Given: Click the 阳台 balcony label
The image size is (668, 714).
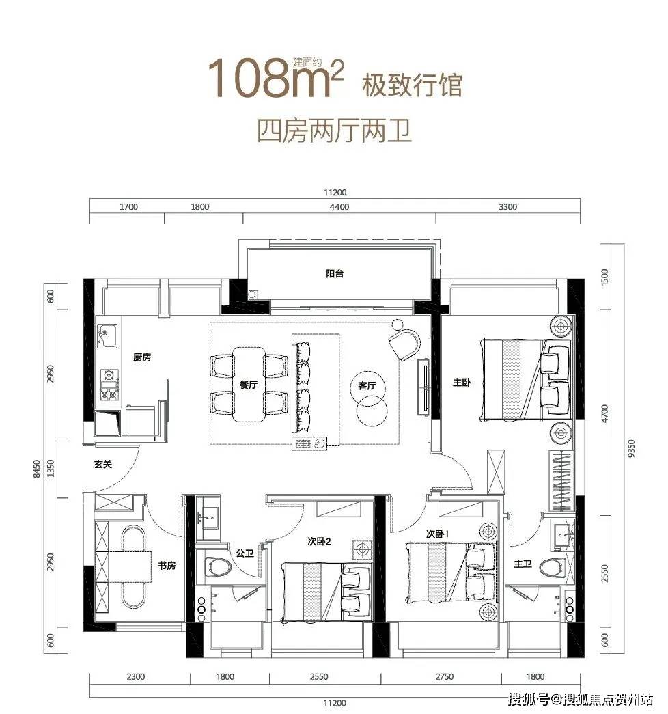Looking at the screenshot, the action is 335,274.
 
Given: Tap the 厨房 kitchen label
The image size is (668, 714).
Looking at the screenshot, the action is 142,357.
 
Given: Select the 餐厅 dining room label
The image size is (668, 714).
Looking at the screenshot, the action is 249,385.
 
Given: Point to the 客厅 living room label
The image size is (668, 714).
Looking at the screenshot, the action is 367,385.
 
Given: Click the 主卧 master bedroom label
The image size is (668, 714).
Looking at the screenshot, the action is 462,383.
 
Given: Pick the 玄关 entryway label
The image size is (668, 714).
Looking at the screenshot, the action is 103,465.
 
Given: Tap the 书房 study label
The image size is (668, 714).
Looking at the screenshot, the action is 167,566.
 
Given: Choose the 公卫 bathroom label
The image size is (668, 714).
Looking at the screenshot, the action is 245,553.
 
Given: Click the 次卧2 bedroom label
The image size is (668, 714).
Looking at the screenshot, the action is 319,541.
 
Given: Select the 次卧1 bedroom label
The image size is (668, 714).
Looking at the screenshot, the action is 438,534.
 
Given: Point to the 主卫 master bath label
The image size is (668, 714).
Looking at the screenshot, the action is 523,564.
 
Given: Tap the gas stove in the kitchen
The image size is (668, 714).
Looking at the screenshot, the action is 109,385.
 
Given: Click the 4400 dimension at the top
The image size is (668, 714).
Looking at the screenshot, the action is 339,207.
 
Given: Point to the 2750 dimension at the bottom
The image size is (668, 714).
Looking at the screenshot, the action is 444,676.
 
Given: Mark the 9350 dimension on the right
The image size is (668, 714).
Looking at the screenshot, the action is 630,448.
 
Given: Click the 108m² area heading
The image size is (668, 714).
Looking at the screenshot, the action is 275,77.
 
